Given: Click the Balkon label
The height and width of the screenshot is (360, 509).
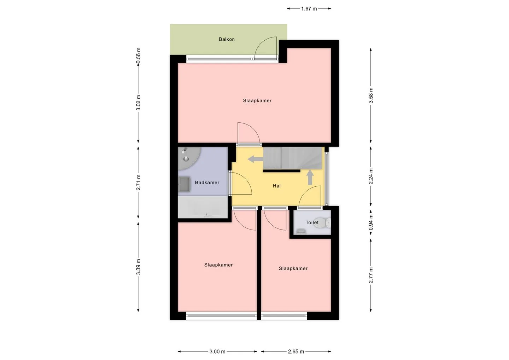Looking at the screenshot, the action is click(x=227, y=39).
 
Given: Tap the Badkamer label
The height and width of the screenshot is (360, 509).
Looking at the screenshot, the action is click(x=207, y=182).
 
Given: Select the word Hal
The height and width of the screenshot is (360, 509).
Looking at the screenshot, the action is click(x=276, y=186).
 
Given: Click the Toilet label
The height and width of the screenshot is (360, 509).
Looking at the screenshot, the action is click(x=312, y=222).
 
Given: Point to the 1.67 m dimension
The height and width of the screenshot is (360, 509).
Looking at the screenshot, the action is click(x=309, y=8).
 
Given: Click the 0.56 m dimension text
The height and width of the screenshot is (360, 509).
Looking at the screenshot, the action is click(x=139, y=56).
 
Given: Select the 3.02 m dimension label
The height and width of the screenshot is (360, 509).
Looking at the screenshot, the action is click(x=139, y=103).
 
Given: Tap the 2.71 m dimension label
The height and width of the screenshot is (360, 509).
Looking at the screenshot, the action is click(x=139, y=182).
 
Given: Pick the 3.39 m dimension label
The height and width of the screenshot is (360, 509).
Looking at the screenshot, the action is click(x=139, y=267).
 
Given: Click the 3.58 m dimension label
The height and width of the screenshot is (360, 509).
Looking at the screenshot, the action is click(x=371, y=95).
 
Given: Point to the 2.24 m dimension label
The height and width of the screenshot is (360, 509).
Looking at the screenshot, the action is click(x=371, y=176).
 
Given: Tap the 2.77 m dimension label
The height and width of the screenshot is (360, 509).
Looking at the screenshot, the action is click(x=371, y=275).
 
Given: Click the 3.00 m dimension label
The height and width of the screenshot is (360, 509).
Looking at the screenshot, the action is click(x=217, y=352).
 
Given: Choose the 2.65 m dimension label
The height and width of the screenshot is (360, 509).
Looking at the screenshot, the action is click(x=296, y=352).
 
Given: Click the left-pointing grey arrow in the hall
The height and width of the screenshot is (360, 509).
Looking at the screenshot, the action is click(x=255, y=159).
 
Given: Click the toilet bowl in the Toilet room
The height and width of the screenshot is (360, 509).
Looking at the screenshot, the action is click(x=329, y=223).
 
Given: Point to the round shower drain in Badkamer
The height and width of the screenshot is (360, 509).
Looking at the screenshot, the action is click(x=186, y=158).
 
